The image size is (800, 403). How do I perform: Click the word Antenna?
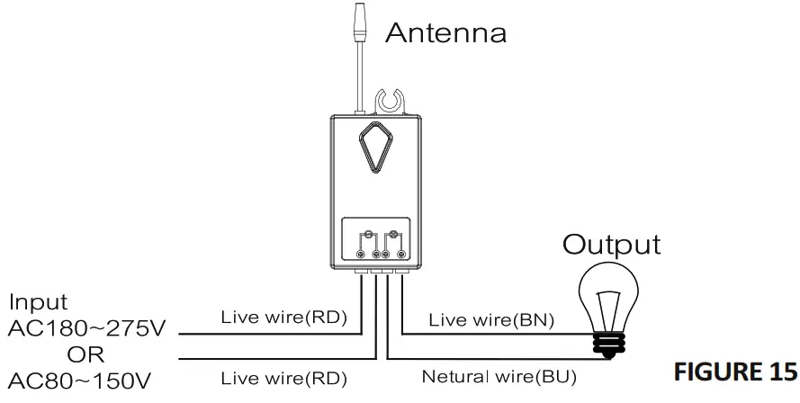coord(446,33)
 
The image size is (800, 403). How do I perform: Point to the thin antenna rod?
coord(360,76)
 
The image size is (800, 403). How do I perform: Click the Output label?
coord(611,245)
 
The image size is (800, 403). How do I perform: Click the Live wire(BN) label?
coord(491,318)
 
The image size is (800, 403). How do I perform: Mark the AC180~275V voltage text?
coord(85,327)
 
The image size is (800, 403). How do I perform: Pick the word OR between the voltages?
coord(85,354)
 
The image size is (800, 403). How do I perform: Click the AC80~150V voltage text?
coord(80,380)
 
